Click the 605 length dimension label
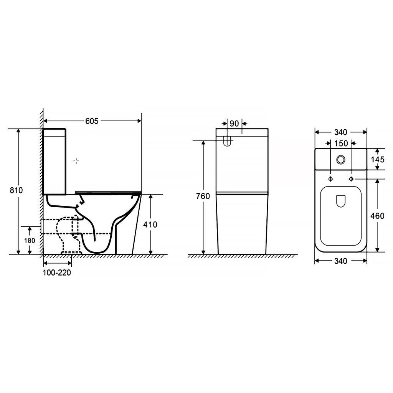point(92,121)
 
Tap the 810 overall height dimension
point(16,190)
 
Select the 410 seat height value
point(150,225)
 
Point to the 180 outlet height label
point(30,241)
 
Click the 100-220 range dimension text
point(57,272)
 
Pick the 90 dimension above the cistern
point(234,124)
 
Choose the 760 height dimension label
point(203,196)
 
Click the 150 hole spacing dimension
point(341,144)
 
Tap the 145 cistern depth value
point(378,159)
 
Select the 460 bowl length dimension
point(377,216)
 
